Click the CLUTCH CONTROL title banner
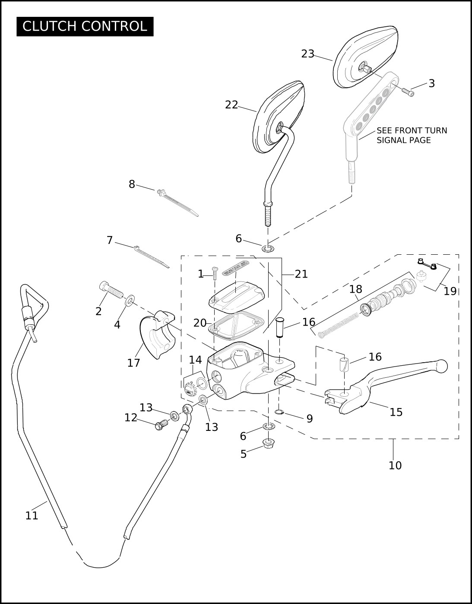[85, 26]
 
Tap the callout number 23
[308, 54]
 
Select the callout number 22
[231, 105]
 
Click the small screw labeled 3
[408, 92]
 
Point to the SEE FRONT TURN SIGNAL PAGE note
[412, 136]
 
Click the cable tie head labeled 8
[161, 192]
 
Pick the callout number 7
[110, 240]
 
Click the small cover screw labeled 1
[215, 273]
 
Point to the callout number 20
[200, 323]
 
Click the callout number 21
[301, 274]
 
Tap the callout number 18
[355, 289]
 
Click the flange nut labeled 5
[267, 444]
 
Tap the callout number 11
[32, 516]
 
